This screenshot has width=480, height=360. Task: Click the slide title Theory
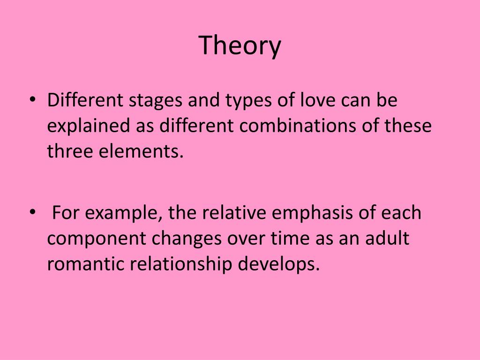pos(240,46)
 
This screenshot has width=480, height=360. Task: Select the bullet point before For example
pos(31,212)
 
